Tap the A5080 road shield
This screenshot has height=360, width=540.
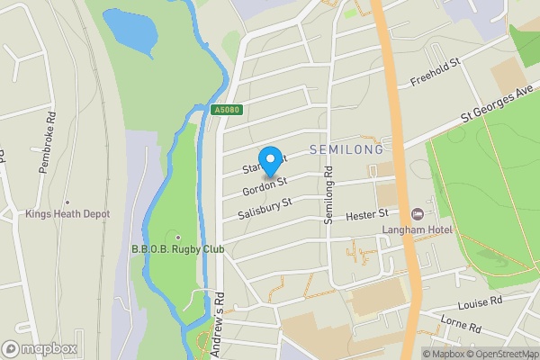click(x=229, y=111)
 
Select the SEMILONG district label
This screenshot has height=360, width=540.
click(x=346, y=148)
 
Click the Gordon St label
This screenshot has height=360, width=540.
click(x=264, y=186)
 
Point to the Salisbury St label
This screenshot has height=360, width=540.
click(x=265, y=210)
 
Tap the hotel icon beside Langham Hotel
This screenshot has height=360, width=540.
click(x=417, y=214)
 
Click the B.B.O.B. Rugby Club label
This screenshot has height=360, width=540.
click(x=177, y=249)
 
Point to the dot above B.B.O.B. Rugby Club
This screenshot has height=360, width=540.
click(x=177, y=237)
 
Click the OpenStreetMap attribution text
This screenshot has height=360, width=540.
click(x=500, y=354)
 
